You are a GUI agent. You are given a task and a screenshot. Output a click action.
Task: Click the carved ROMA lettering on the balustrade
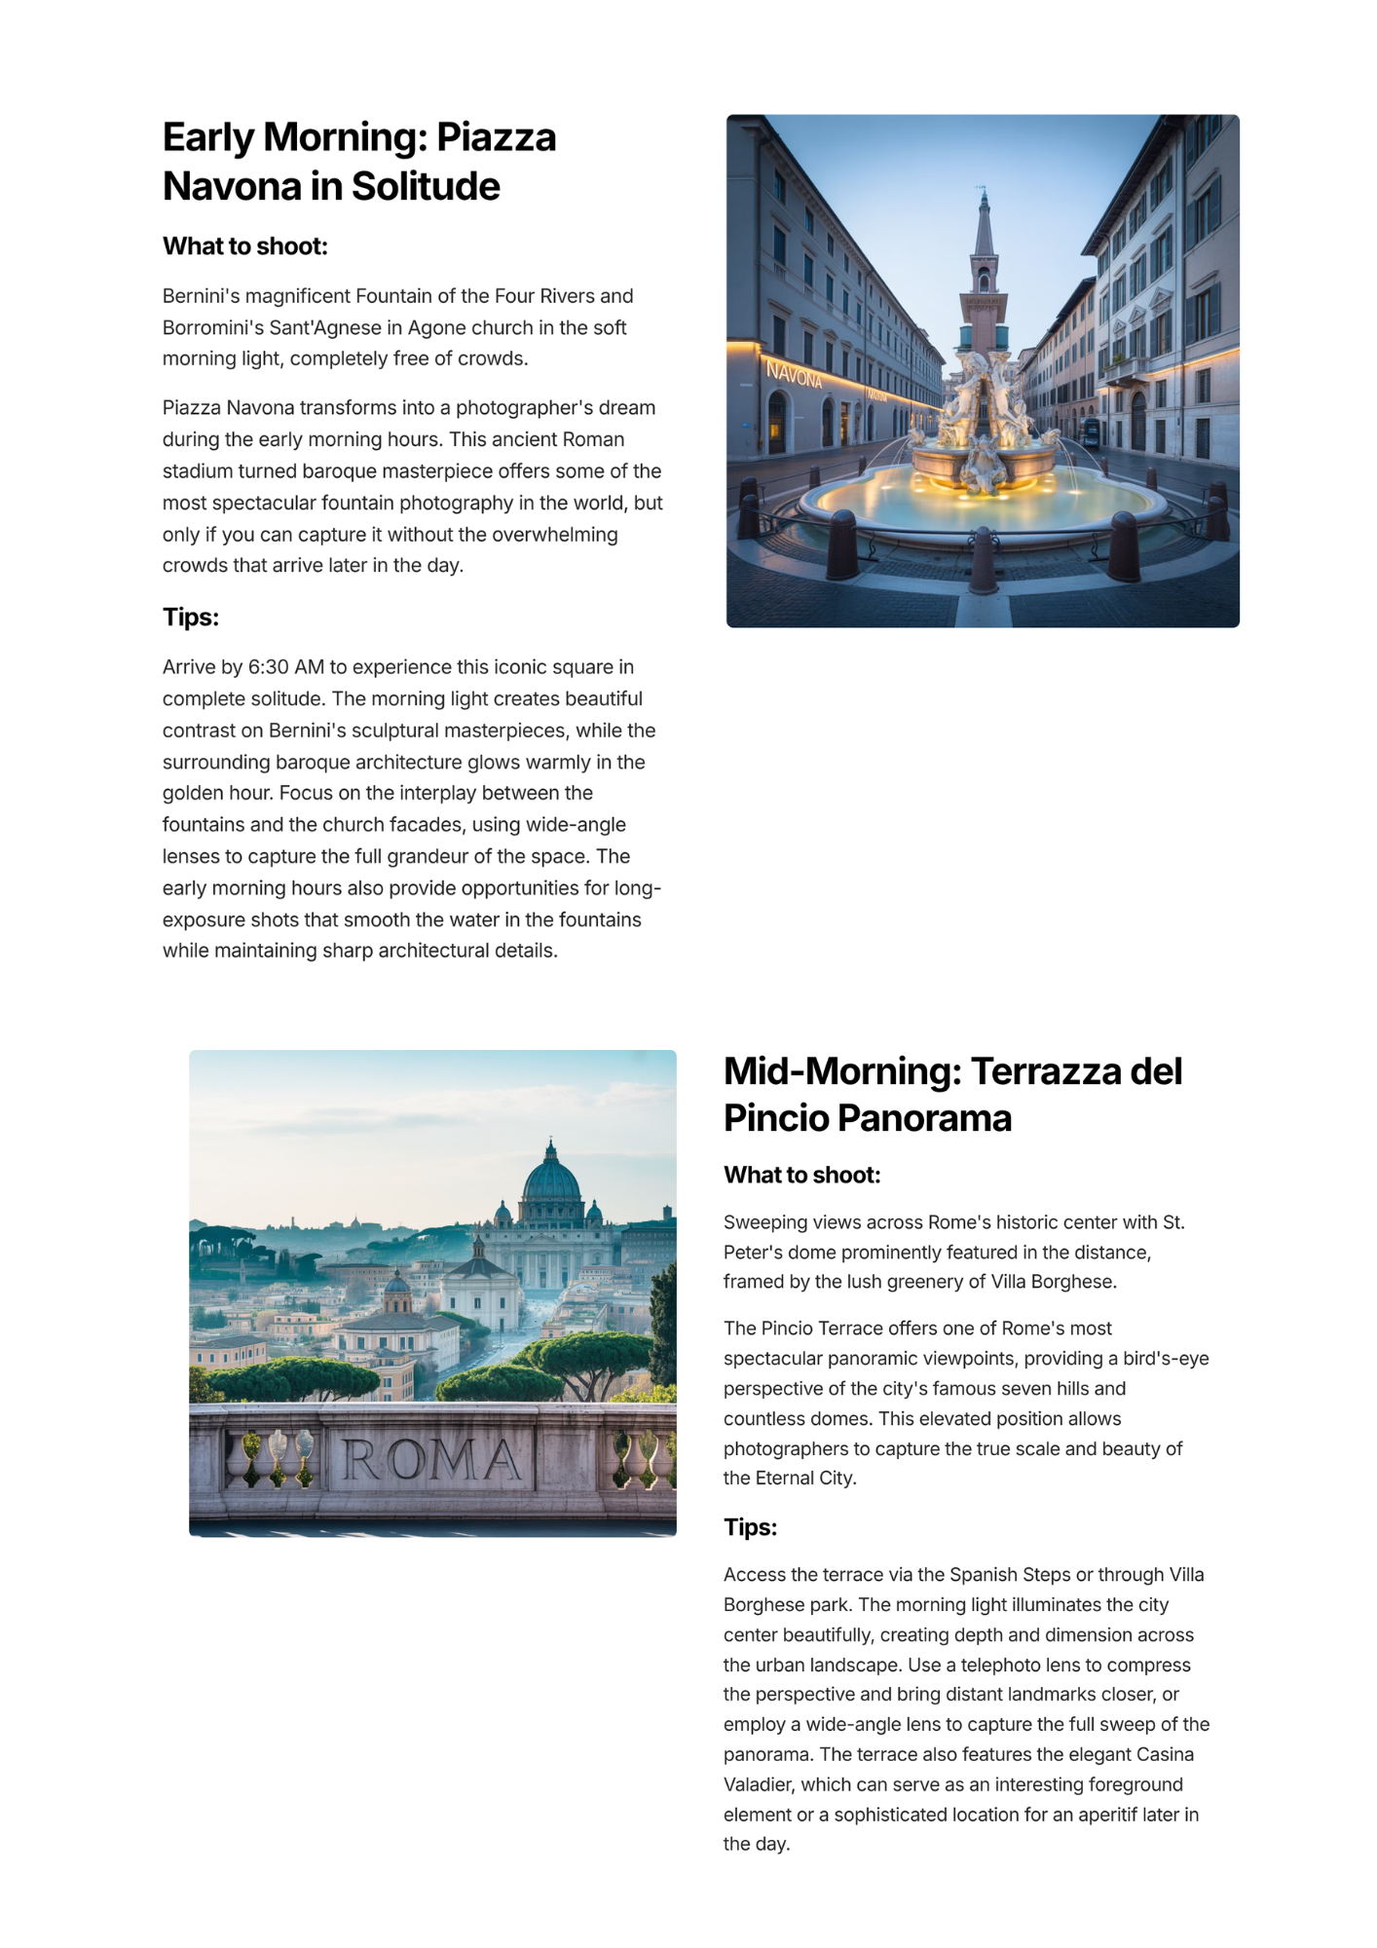click(x=431, y=1461)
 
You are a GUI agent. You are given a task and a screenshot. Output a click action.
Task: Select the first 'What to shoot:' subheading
click(x=245, y=246)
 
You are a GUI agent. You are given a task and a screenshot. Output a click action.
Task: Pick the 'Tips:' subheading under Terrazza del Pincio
click(x=750, y=1527)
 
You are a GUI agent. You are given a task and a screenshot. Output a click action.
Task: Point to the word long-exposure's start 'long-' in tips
click(x=638, y=888)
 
